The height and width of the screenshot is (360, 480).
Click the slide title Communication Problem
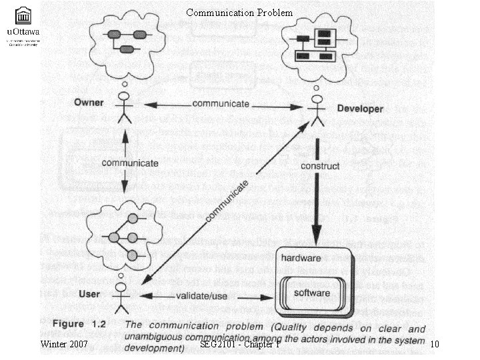coord(239,12)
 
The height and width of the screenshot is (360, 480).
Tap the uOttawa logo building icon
coord(23,15)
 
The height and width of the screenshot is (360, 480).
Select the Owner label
coord(88,103)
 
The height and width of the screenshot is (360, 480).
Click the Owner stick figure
coord(123,107)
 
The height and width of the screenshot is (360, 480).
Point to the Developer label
coord(359,109)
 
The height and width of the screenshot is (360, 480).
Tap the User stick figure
coord(121,297)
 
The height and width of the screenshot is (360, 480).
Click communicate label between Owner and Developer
coord(221,104)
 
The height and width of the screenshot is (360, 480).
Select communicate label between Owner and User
coord(130,163)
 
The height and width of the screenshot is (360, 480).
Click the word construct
coord(320,166)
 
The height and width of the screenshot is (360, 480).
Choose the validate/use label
coord(204,295)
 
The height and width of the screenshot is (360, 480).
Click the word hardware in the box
coord(301,257)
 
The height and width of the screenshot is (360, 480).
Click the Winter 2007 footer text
coord(64,344)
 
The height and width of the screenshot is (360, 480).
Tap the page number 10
coord(434,344)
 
